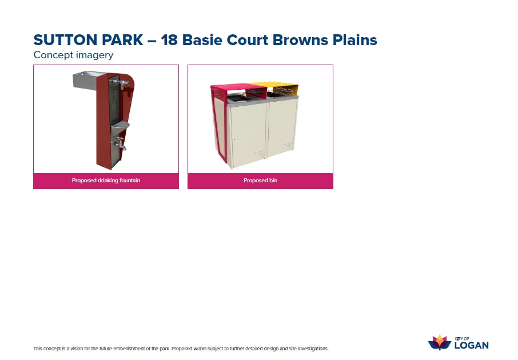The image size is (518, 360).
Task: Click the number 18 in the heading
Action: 169,40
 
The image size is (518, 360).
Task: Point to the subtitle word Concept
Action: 53,55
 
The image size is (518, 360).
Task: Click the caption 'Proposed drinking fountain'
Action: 106,181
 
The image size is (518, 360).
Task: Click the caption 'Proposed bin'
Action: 260,181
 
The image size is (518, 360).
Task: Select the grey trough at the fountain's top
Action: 85,81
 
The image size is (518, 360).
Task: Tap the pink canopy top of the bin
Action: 238,88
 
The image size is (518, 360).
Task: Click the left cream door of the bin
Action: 248,134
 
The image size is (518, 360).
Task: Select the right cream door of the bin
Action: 282,128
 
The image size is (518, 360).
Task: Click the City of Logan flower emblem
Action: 439,342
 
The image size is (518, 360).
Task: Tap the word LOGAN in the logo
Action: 472,346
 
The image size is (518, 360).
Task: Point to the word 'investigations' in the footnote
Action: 313,349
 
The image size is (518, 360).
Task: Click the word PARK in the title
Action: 122,40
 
